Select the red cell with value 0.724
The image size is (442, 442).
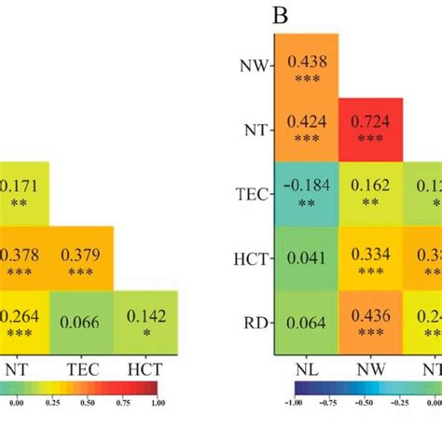point(370,130)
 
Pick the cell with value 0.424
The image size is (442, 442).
point(306,130)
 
